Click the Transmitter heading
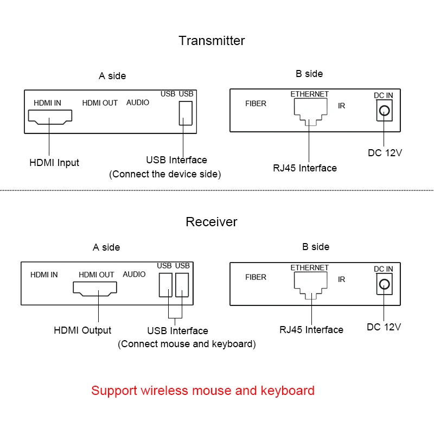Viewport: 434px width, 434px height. (x=212, y=41)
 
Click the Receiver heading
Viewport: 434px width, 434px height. (x=211, y=222)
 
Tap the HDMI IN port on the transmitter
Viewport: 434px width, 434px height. (x=49, y=116)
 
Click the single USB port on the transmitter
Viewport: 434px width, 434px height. (x=186, y=113)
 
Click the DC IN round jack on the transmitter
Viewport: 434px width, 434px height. (x=384, y=111)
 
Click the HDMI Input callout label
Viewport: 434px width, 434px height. (x=54, y=163)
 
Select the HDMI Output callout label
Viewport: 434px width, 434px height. (x=82, y=330)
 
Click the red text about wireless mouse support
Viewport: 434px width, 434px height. (x=202, y=391)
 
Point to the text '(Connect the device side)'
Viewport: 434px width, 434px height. (x=165, y=174)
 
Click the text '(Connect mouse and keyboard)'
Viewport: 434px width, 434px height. (x=187, y=344)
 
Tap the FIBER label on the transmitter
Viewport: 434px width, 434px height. (x=256, y=104)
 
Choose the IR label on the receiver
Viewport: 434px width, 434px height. (x=341, y=279)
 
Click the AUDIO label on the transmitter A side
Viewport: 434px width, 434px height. (x=138, y=103)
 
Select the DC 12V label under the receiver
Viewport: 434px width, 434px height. (x=384, y=327)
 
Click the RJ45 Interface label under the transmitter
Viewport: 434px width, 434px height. (x=304, y=168)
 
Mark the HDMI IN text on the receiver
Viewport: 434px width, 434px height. (x=44, y=275)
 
